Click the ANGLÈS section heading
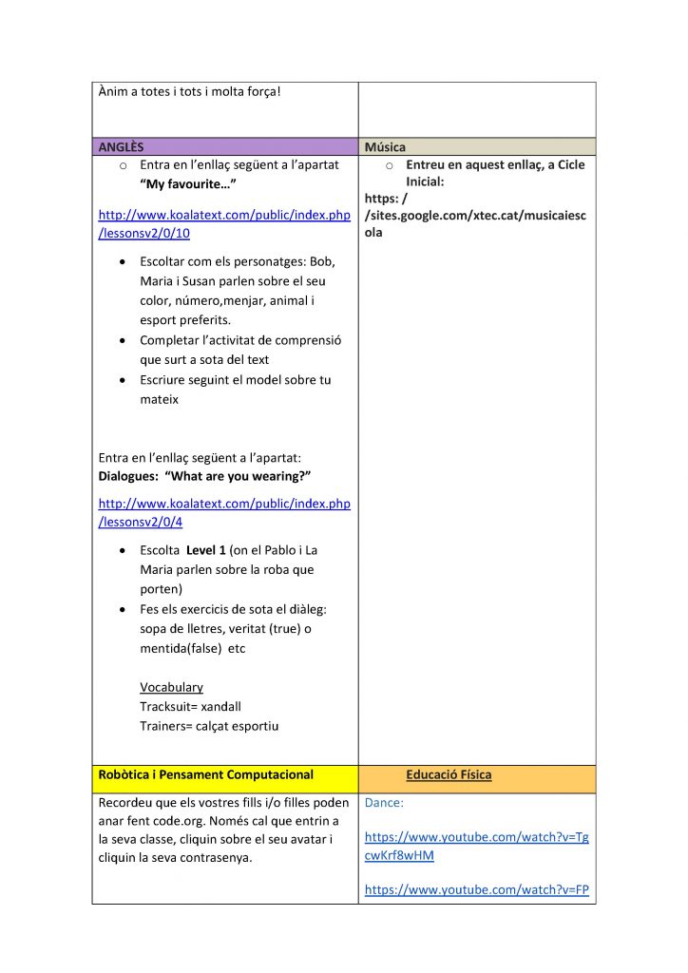121,147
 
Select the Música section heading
385,147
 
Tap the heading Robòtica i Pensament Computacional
205,774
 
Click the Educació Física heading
449,774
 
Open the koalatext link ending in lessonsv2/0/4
224,512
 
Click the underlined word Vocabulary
171,687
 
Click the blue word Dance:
384,803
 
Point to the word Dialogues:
129,476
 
